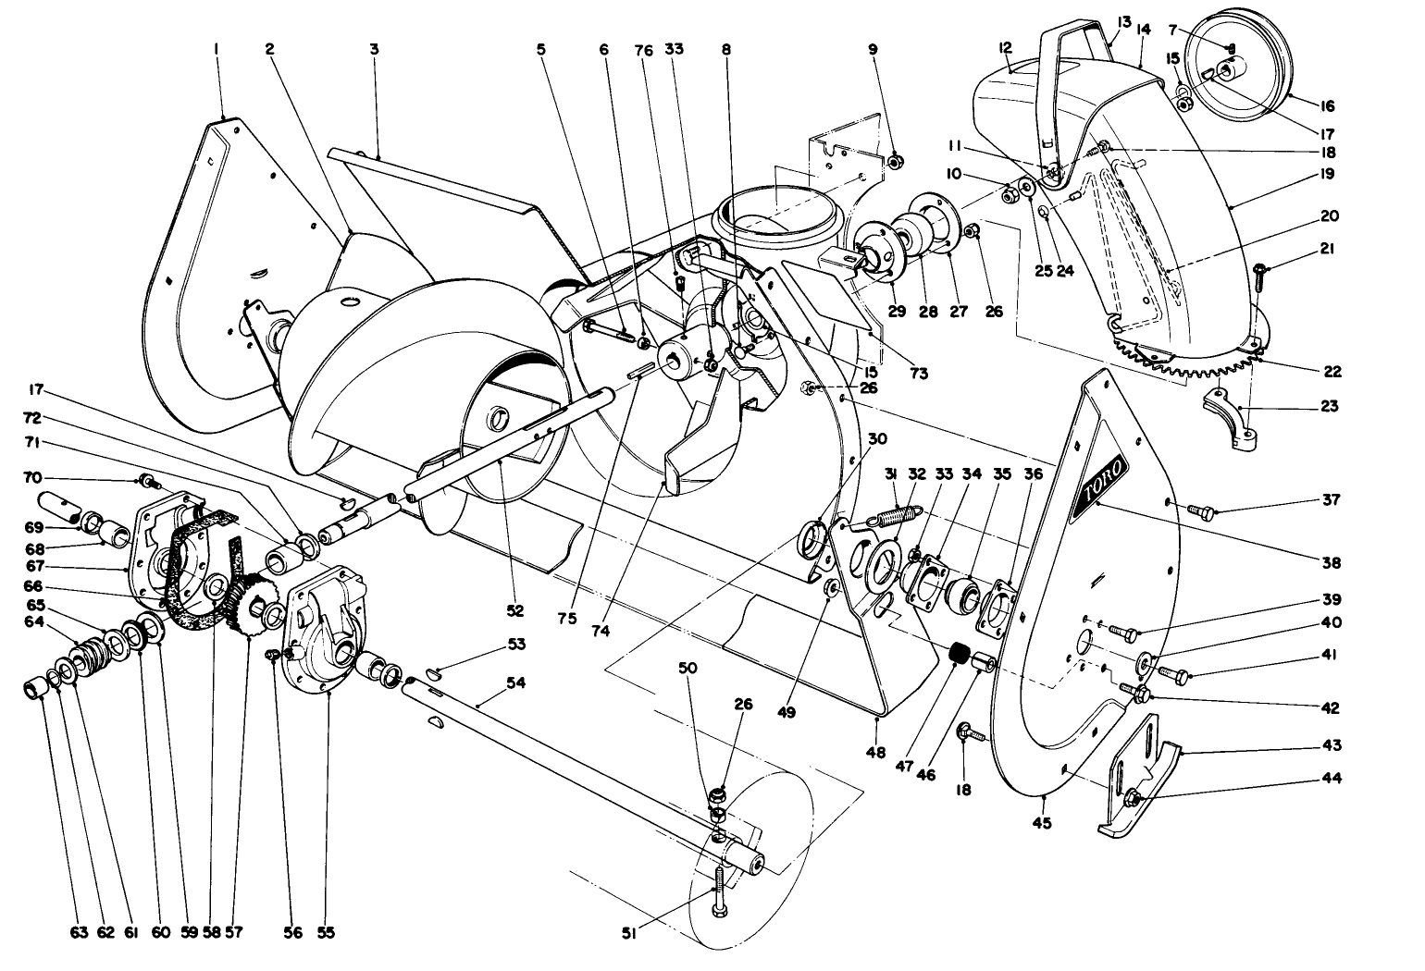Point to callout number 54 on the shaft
[515, 682]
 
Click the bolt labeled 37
[1199, 510]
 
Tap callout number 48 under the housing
[875, 750]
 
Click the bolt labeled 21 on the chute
[1260, 269]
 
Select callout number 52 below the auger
[515, 610]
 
